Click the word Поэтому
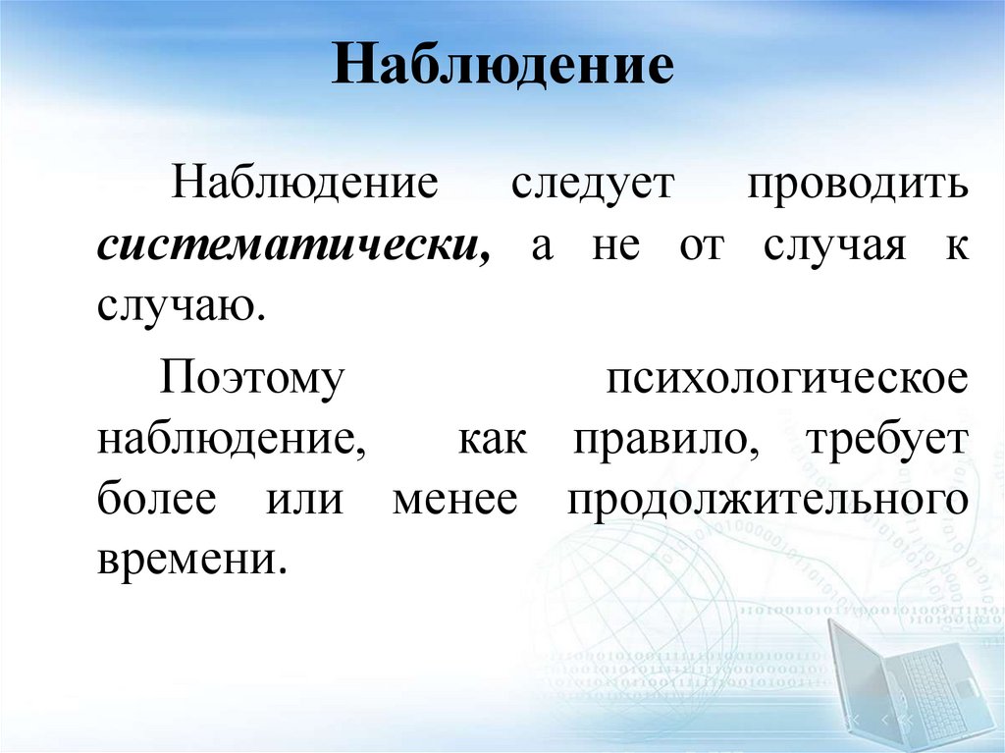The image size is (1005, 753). pyautogui.click(x=253, y=378)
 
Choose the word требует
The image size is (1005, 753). pyautogui.click(x=886, y=439)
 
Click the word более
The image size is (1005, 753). pyautogui.click(x=156, y=499)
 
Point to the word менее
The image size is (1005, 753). pyautogui.click(x=454, y=499)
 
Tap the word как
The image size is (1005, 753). pyautogui.click(x=495, y=439)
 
